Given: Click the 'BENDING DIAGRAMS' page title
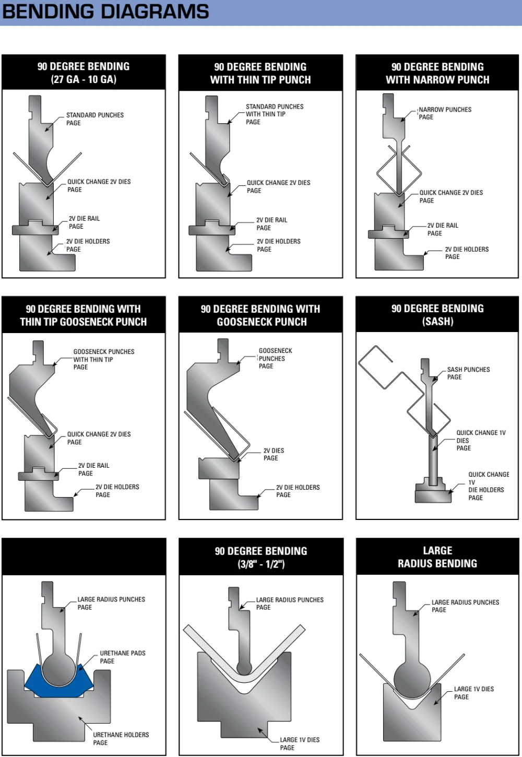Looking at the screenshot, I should (105, 11).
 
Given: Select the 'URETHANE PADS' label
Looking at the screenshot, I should (122, 653).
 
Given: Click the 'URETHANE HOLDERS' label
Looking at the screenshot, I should (121, 735).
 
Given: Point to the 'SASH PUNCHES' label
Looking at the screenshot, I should (468, 370).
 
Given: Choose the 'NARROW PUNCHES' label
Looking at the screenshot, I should (445, 110).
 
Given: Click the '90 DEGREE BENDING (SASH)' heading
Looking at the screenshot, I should (437, 315).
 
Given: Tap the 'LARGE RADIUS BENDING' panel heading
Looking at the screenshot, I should (437, 557).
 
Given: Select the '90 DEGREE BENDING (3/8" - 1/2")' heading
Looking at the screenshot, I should (260, 558).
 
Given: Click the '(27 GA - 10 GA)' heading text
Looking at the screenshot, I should (84, 79).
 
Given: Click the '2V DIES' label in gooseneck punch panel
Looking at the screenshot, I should (274, 451).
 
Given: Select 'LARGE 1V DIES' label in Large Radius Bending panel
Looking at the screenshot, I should (473, 689).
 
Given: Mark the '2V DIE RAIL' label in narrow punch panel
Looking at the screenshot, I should (443, 226).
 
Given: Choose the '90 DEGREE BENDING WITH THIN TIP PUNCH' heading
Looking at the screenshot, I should (260, 73).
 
